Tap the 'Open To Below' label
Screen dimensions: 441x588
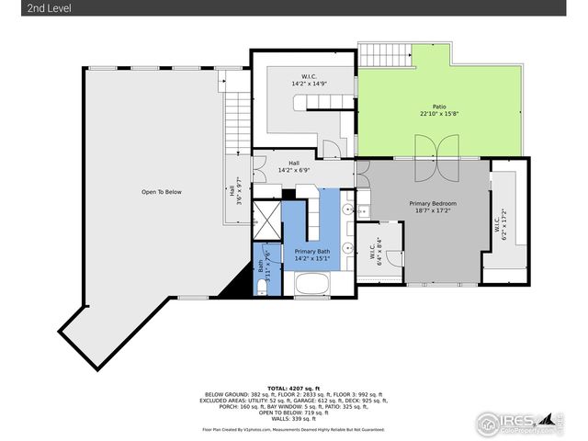point(161,192)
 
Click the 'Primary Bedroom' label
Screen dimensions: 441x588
point(432,203)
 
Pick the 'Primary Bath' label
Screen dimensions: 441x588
point(312,252)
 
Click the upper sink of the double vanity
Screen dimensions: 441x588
point(349,211)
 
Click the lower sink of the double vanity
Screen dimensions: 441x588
point(349,248)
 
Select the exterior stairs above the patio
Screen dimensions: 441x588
point(384,54)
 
